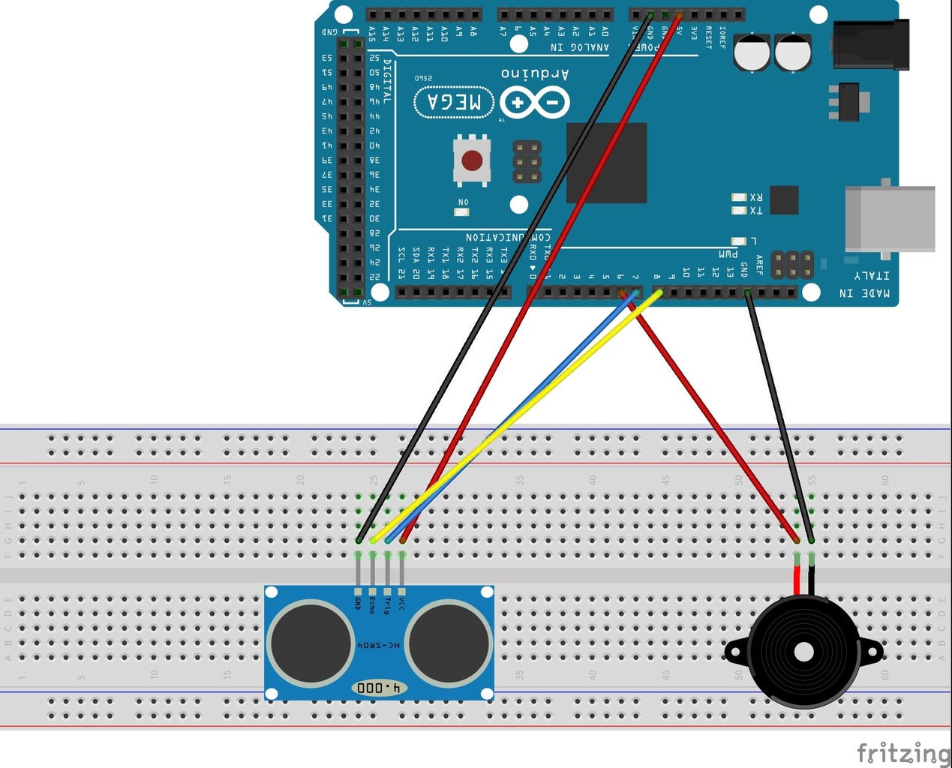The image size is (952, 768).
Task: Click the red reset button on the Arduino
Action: (x=472, y=160)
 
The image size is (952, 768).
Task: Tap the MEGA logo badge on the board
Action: (x=455, y=102)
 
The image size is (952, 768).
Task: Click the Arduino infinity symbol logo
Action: (x=535, y=102)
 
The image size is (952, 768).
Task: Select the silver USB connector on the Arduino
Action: (x=890, y=218)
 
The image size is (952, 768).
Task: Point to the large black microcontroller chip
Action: (x=606, y=163)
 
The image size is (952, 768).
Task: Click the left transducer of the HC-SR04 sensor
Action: (x=311, y=643)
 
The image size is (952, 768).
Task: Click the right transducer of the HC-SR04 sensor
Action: (x=448, y=643)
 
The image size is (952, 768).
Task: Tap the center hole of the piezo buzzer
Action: (x=803, y=651)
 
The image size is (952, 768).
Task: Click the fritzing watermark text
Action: (x=902, y=752)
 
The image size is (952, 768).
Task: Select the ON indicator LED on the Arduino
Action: (x=461, y=212)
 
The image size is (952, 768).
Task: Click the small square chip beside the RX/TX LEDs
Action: (x=784, y=200)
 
